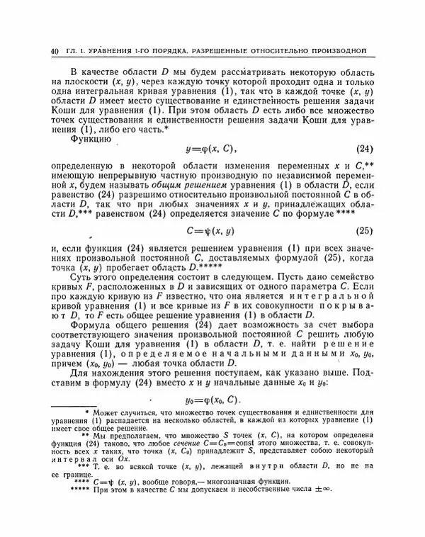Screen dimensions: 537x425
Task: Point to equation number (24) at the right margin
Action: (x=364, y=151)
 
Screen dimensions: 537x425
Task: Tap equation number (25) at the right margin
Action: (x=364, y=230)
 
